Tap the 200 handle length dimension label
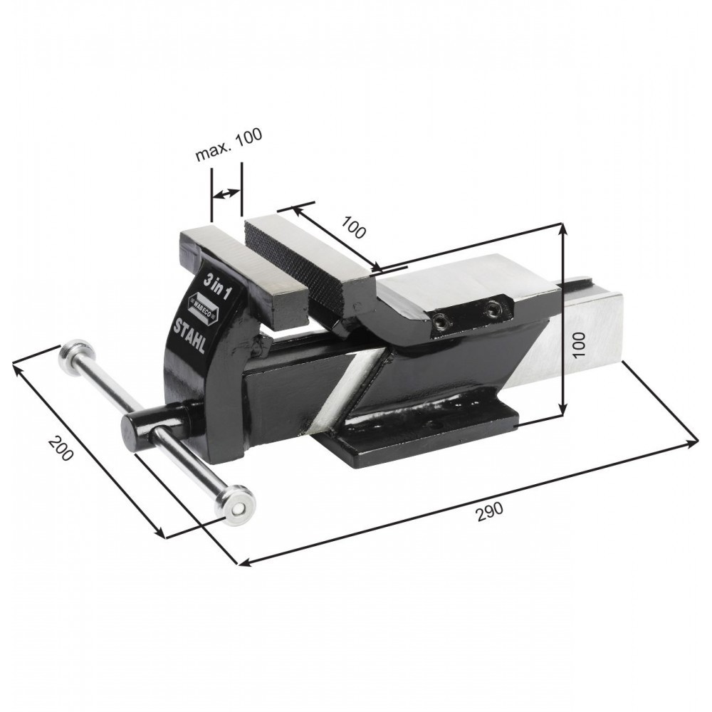[x=61, y=448]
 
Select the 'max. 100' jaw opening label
[x=229, y=145]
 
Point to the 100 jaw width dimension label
[x=353, y=227]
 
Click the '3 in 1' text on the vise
[x=216, y=287]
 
